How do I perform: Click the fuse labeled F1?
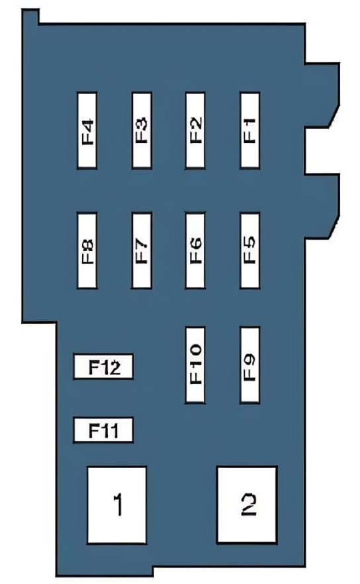tap(249, 130)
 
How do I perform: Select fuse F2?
tap(195, 130)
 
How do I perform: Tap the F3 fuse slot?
tap(142, 130)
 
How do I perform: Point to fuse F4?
tap(87, 130)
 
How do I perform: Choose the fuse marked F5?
tap(249, 250)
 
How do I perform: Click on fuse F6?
tap(195, 250)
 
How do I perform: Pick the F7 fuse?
tap(142, 250)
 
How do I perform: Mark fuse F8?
tap(87, 250)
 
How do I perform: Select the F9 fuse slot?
tap(249, 365)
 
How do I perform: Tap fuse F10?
tap(195, 365)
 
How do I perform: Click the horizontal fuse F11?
tap(103, 430)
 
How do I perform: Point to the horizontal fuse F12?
tap(103, 367)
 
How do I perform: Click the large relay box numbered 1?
tap(117, 505)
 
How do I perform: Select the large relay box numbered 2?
tap(247, 505)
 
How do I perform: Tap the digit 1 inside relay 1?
tap(118, 505)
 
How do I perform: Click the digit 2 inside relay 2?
tap(249, 505)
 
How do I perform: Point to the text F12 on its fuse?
tap(105, 367)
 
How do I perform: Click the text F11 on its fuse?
tap(103, 430)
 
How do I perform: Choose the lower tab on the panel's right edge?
tap(322, 206)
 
